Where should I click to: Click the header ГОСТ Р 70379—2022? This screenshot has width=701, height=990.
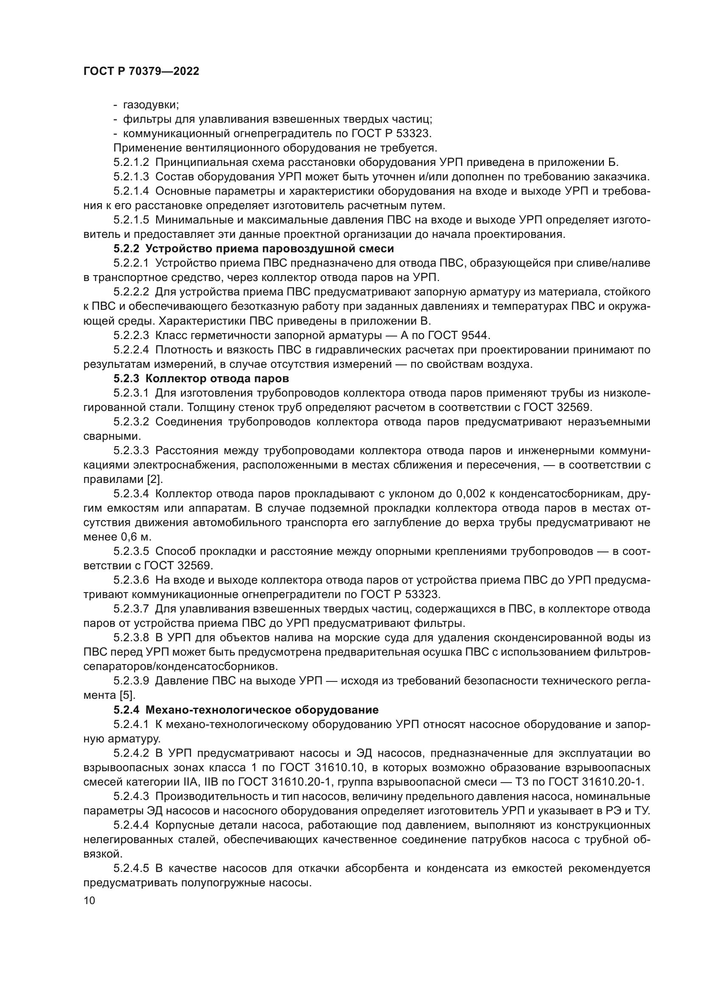pyautogui.click(x=141, y=72)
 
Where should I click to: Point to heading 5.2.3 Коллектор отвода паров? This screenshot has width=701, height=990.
pyautogui.click(x=201, y=378)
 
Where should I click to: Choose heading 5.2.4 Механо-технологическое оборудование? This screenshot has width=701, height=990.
pyautogui.click(x=246, y=710)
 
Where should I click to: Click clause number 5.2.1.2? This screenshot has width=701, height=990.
pyautogui.click(x=131, y=163)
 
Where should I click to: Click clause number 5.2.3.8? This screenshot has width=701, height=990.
pyautogui.click(x=131, y=638)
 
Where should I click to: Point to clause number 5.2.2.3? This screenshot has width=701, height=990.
pyautogui.click(x=131, y=335)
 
